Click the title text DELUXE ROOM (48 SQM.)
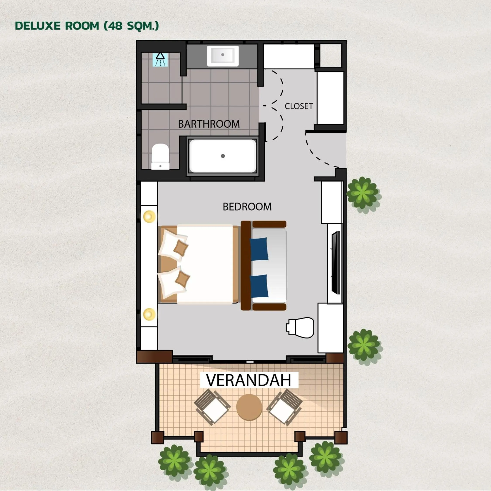(x=87, y=26)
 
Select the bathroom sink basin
(x=223, y=55)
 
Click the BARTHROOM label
(x=209, y=124)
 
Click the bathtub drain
(x=223, y=156)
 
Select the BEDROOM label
(x=247, y=207)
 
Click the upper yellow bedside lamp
(x=149, y=216)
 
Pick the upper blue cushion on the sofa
(x=259, y=249)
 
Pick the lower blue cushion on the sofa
(x=259, y=286)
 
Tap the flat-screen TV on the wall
(x=336, y=263)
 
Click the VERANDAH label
(x=249, y=380)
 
